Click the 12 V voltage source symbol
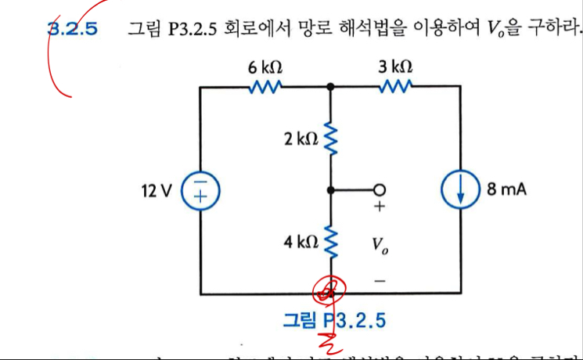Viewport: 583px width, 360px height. click(x=201, y=190)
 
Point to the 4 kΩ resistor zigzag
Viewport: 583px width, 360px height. click(x=331, y=242)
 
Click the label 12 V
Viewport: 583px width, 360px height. click(x=157, y=190)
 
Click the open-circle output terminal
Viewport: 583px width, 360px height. click(x=380, y=190)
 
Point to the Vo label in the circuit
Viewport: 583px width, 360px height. click(x=380, y=246)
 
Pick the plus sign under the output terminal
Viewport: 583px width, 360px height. click(x=380, y=208)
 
